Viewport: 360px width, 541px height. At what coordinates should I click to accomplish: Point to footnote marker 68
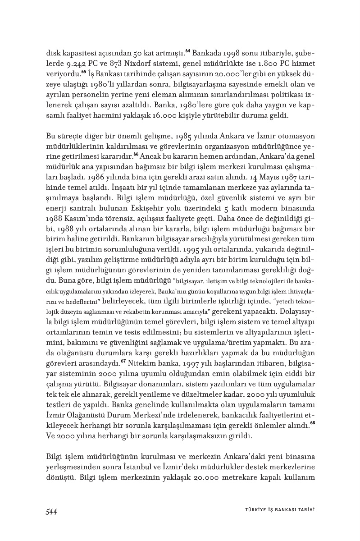pos(312,423)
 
